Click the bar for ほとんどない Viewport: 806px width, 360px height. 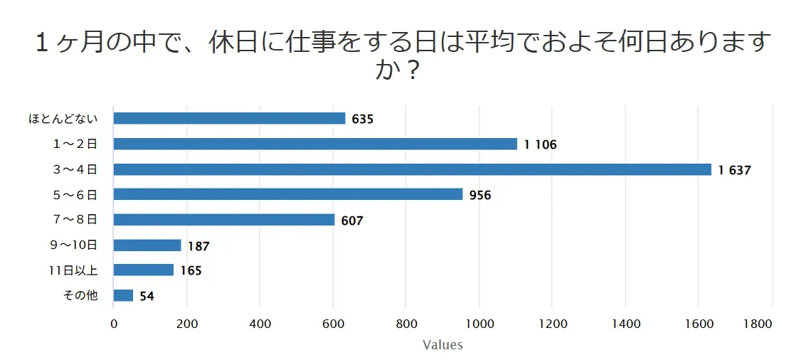coord(229,119)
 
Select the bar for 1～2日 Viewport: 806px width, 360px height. coord(315,144)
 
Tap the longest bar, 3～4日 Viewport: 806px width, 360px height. coord(412,169)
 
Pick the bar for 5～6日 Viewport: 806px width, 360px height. coord(288,194)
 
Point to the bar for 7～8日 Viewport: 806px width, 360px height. coord(224,220)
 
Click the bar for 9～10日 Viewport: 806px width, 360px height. coord(147,245)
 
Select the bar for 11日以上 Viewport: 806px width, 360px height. coord(144,270)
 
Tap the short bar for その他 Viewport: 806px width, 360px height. coord(123,295)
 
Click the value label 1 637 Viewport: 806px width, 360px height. coord(735,170)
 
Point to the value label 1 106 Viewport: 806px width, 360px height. coord(541,144)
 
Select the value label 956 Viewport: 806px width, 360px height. coord(481,195)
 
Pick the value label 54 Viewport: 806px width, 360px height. coord(147,296)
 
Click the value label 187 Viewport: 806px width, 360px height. coord(199,246)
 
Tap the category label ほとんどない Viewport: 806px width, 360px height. coord(63,119)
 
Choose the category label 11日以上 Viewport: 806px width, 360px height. coord(73,270)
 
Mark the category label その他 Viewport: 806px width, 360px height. coord(80,295)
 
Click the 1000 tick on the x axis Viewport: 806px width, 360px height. coord(479,324)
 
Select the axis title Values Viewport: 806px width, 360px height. coord(442,345)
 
